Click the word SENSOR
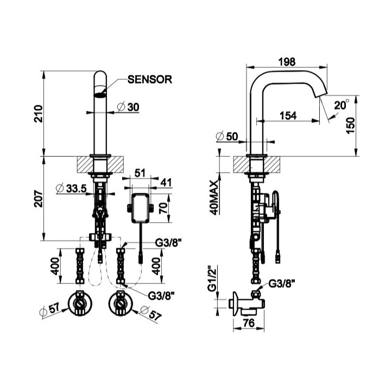pyautogui.click(x=150, y=80)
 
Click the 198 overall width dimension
pyautogui.click(x=286, y=62)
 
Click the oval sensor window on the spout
pyautogui.click(x=99, y=94)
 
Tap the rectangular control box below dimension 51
pyautogui.click(x=141, y=207)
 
